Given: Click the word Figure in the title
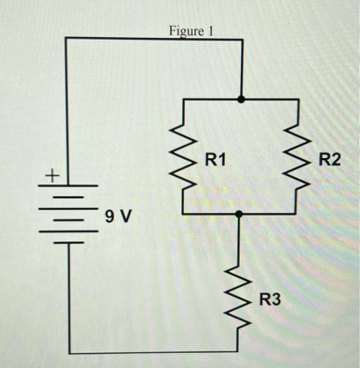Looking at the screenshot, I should click(184, 31).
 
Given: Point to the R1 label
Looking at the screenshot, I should click(215, 159).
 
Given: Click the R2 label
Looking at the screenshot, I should click(329, 159).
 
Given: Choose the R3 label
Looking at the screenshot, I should click(270, 300).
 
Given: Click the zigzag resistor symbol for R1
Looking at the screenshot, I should click(182, 157).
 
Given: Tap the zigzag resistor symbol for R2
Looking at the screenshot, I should click(297, 157).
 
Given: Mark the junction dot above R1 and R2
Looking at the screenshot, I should click(241, 99).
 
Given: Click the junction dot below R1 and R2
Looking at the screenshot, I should click(239, 214).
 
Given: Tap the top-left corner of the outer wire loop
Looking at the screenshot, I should click(66, 38).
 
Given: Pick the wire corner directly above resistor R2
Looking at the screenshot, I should click(297, 99).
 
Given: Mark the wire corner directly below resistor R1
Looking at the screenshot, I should click(182, 214).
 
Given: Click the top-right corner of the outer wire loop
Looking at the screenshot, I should click(241, 38).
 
